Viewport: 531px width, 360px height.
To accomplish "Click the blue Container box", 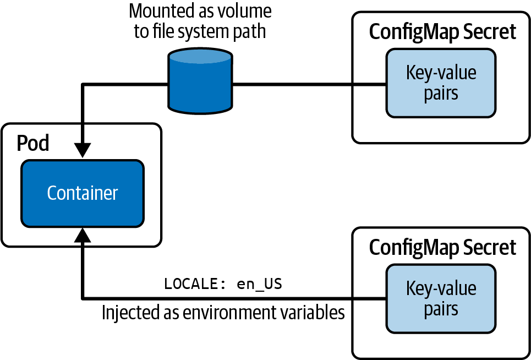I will (82, 193).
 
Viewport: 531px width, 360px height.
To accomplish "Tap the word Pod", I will (32, 143).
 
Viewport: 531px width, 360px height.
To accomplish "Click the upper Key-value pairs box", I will (441, 83).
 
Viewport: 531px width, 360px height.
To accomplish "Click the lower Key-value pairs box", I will (441, 298).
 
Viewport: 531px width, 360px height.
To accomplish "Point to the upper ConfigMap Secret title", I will (442, 32).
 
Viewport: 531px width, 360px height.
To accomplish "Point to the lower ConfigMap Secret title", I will (442, 247).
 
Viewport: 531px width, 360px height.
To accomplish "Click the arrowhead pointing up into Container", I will (82, 237).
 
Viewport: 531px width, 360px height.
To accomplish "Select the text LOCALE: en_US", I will (223, 284).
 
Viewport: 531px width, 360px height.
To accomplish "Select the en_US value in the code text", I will (259, 284).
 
